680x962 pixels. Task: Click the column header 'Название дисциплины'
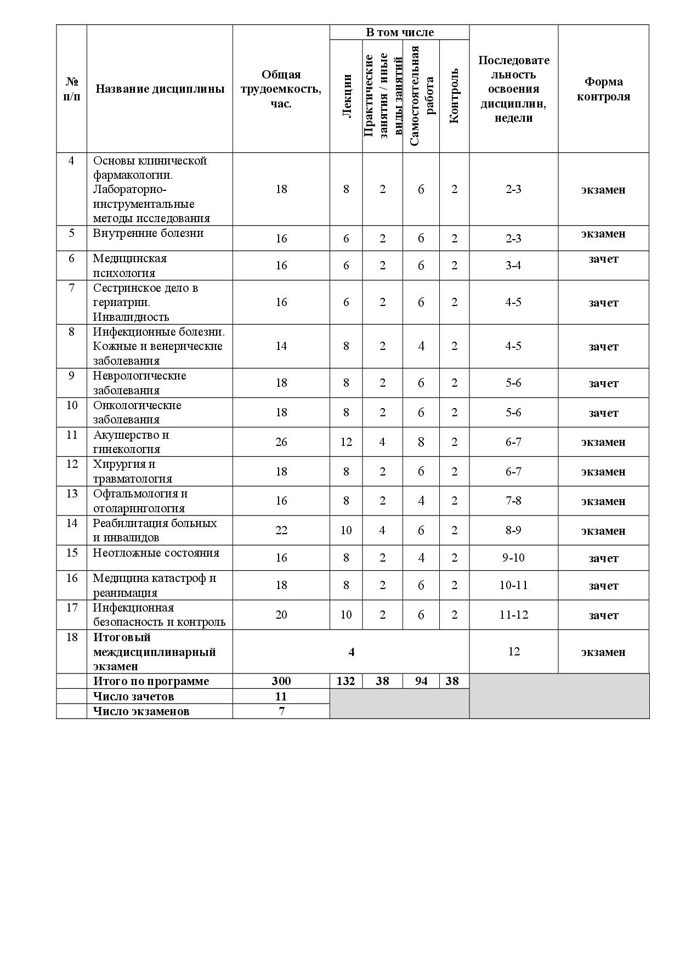(x=160, y=89)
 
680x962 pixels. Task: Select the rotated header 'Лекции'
(x=346, y=96)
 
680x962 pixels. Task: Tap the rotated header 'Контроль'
(x=454, y=96)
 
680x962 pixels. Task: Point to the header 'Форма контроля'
(x=603, y=89)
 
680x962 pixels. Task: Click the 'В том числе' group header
(x=399, y=32)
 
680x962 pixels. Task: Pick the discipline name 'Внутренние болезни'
(x=148, y=233)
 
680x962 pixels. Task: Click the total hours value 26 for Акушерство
(x=281, y=442)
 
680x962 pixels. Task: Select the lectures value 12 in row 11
(x=346, y=442)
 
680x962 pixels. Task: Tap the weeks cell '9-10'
(x=513, y=558)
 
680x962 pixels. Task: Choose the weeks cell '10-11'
(x=513, y=585)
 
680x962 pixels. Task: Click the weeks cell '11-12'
(x=513, y=615)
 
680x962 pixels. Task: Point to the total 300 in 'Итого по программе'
(x=281, y=681)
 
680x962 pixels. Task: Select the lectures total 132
(x=346, y=681)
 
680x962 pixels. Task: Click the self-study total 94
(x=421, y=681)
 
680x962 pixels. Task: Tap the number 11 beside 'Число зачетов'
(x=281, y=697)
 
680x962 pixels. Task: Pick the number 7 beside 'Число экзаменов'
(x=281, y=711)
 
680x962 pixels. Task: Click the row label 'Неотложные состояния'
(x=156, y=553)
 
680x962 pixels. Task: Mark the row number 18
(x=72, y=637)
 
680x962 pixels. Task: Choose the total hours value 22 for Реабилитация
(x=281, y=530)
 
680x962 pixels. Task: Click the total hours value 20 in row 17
(x=281, y=615)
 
